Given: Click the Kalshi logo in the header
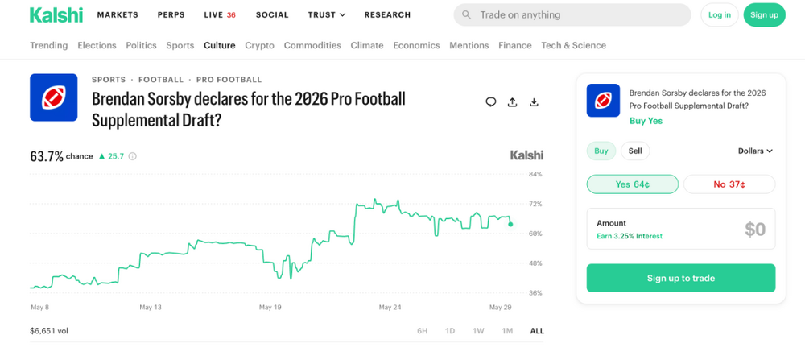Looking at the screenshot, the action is [x=56, y=14].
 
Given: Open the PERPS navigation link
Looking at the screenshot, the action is [x=171, y=14].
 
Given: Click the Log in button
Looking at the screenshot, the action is [x=719, y=14].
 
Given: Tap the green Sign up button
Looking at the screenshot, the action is [x=764, y=14].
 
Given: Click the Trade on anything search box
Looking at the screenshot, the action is [x=572, y=14].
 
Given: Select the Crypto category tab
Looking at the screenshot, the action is [x=259, y=45].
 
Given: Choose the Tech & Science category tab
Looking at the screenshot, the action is [x=573, y=45].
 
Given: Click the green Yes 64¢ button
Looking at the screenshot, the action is [x=633, y=184].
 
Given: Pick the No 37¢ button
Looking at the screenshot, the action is [x=729, y=184].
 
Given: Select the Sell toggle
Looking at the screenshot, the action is [x=635, y=151].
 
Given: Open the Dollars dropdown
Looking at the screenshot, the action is [x=755, y=151].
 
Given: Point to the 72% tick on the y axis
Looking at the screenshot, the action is [x=535, y=204].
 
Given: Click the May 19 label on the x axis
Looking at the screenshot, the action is [x=270, y=308].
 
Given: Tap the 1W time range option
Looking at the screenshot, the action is [x=478, y=331].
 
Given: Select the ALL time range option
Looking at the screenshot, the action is [x=536, y=331].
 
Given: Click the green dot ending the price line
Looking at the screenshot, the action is [x=510, y=224].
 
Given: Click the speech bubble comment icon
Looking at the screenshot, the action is [x=491, y=102].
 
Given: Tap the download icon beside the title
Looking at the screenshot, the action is [x=534, y=102].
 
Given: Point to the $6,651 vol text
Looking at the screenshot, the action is [x=49, y=331].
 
